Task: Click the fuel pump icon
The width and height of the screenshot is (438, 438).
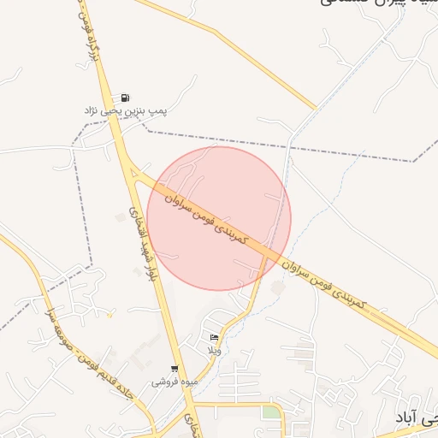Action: click(x=126, y=98)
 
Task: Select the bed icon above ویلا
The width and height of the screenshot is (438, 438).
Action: click(x=213, y=338)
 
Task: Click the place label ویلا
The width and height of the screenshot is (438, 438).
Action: click(x=214, y=351)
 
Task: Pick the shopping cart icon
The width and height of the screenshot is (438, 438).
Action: click(x=175, y=369)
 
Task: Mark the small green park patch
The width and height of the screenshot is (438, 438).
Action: click(x=271, y=412)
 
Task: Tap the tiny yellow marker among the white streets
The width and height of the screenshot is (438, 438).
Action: click(x=109, y=315)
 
